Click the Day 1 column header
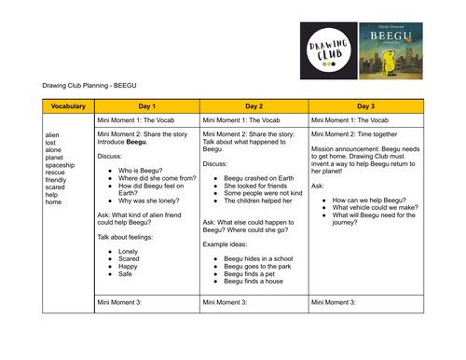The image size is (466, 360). (x=146, y=106)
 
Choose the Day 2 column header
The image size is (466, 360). (x=253, y=106)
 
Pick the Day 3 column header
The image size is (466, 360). (x=365, y=106)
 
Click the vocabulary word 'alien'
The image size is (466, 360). (x=54, y=135)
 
